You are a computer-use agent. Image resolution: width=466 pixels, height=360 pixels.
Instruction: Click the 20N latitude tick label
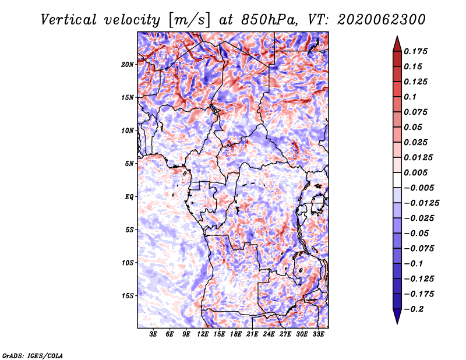tap(128, 65)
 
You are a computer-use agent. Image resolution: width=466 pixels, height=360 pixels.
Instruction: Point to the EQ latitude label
tap(129, 197)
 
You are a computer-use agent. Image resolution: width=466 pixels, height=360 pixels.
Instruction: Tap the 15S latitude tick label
tap(128, 296)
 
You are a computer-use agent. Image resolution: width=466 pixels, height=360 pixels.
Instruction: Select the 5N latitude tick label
tap(129, 164)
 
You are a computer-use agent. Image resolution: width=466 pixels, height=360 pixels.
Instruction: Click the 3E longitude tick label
tap(153, 334)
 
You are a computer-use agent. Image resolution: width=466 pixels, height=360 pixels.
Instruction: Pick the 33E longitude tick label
tap(318, 334)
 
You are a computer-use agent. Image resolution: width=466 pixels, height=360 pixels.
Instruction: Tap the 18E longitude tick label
tap(236, 334)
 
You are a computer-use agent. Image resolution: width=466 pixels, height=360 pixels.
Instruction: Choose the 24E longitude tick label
tap(269, 334)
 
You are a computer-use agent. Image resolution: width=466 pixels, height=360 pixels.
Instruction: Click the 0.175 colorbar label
tap(415, 52)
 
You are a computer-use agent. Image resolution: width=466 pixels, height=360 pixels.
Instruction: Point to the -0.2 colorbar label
tap(414, 309)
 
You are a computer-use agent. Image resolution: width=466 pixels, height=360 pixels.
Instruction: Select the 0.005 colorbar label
tap(415, 172)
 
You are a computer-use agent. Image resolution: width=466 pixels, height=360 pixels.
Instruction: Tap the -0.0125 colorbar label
tap(421, 203)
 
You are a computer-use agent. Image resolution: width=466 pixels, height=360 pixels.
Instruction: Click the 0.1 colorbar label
tap(410, 97)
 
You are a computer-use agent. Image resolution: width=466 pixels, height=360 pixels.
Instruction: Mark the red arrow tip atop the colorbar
tap(397, 36)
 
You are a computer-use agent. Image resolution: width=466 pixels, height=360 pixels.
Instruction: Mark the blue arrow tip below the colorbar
tap(397, 323)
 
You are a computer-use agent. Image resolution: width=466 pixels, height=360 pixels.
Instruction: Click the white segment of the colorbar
tap(397, 180)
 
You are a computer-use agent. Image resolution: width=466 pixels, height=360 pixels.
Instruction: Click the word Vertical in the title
tap(69, 20)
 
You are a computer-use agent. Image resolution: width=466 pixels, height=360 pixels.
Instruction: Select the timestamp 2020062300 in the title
tap(382, 20)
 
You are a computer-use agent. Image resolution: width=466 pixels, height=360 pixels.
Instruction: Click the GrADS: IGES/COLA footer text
tap(33, 356)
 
